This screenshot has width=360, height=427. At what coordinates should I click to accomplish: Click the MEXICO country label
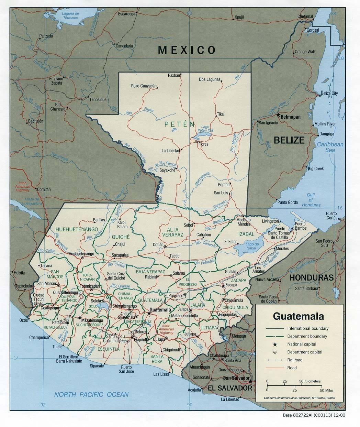(x=187, y=50)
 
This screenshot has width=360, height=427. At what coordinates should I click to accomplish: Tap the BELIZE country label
(x=289, y=140)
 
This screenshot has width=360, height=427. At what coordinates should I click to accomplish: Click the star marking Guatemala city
(x=149, y=313)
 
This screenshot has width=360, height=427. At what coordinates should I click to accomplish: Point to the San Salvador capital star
(x=251, y=382)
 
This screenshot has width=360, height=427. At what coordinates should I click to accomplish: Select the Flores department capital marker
(x=196, y=141)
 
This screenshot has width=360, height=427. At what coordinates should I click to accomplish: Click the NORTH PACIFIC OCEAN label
(x=91, y=395)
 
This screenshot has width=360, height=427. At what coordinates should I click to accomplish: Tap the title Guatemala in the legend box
(x=298, y=316)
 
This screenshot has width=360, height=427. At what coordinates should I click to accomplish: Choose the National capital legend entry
(x=302, y=344)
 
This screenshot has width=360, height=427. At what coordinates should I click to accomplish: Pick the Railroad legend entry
(x=295, y=360)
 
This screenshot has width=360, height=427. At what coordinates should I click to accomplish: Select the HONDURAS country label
(x=311, y=277)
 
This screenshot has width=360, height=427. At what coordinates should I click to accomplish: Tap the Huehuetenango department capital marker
(x=82, y=257)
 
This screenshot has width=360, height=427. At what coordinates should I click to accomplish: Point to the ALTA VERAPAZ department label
(x=171, y=232)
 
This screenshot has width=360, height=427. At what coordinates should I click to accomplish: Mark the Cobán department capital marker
(x=165, y=247)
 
